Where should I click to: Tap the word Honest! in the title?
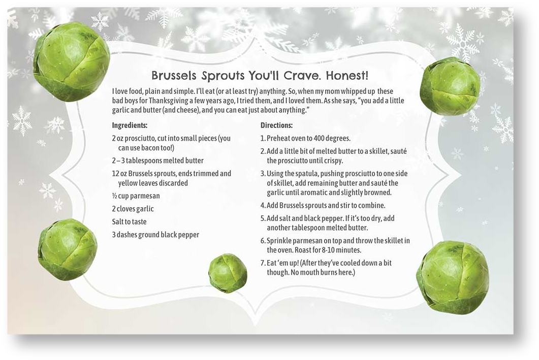[347, 75]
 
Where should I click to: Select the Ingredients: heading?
[130, 126]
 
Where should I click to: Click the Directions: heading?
[276, 125]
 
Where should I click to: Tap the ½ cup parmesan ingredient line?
[136, 196]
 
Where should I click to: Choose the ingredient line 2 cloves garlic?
[133, 209]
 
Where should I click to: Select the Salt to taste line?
[129, 221]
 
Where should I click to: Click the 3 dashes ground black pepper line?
[155, 235]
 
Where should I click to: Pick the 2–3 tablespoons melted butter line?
[158, 161]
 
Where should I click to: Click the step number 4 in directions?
[263, 206]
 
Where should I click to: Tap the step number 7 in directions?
[263, 263]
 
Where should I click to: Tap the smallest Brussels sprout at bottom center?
[228, 273]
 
